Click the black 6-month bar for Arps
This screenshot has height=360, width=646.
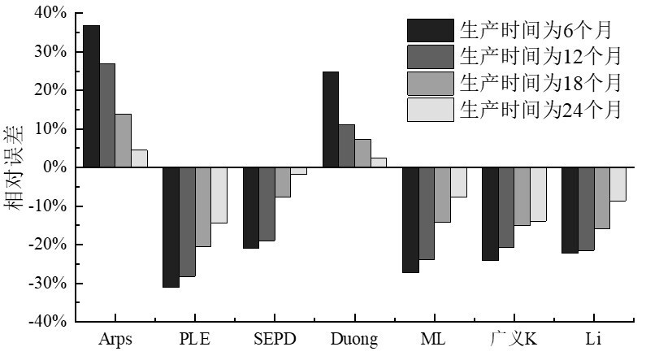tap(91, 96)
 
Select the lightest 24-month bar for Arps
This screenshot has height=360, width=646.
tap(139, 158)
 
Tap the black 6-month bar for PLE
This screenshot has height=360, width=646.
tap(171, 227)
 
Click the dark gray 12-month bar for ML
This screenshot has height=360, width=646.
tap(427, 213)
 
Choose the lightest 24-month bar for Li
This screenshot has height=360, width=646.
tap(618, 184)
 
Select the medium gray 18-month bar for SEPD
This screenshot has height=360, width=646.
tap(283, 182)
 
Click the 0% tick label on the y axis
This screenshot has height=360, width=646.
tap(54, 167)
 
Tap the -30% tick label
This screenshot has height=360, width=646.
tap(49, 284)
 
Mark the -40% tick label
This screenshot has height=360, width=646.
tap(49, 322)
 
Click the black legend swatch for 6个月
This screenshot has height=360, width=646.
tap(430, 30)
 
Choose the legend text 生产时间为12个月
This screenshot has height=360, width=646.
tap(540, 56)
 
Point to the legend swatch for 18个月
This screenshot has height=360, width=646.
tap(430, 83)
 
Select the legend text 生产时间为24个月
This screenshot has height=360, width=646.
tap(540, 109)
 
